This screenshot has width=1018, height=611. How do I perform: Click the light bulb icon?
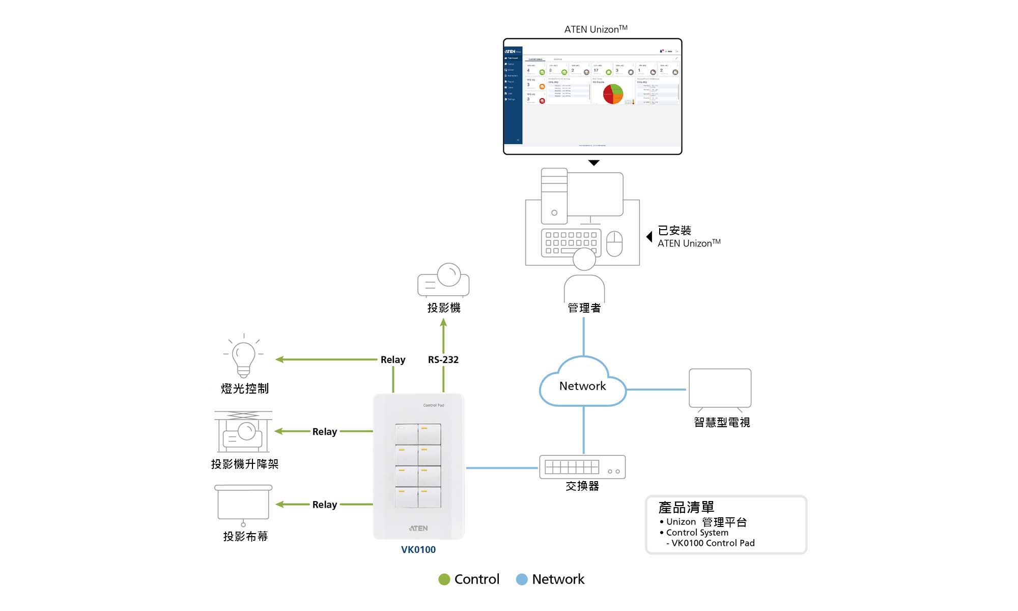(x=244, y=357)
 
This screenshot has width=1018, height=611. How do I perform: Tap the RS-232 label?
(x=443, y=359)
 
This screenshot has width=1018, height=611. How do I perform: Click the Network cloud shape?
(x=583, y=385)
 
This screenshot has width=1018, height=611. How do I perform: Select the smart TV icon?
(x=720, y=388)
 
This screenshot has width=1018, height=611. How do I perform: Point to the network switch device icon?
(x=582, y=467)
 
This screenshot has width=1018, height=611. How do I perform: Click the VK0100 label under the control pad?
(x=418, y=549)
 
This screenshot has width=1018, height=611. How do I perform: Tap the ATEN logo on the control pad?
(x=418, y=528)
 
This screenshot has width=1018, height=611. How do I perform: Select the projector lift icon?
(x=243, y=432)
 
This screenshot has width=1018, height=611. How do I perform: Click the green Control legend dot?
(x=444, y=579)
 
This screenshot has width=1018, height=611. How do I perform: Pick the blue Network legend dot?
(x=522, y=579)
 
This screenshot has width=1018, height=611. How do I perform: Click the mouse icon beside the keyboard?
(x=614, y=243)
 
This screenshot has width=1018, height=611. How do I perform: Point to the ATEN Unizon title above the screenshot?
(x=596, y=29)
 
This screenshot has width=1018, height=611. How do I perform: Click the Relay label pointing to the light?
(x=392, y=359)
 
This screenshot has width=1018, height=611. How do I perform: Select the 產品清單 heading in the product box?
(x=686, y=507)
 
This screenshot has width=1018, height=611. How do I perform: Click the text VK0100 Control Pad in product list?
(x=713, y=543)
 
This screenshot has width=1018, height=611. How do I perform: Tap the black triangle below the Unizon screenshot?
(x=593, y=163)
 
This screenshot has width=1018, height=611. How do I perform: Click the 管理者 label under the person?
(x=584, y=308)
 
